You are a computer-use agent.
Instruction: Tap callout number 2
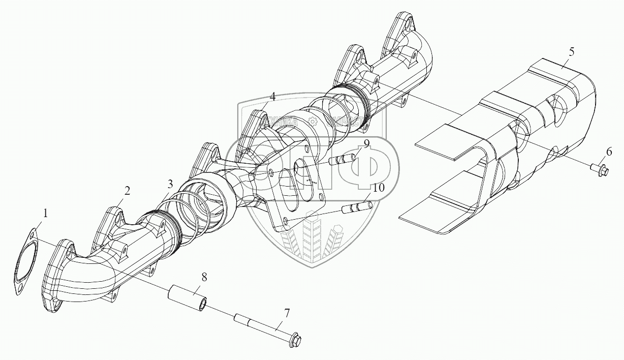127,191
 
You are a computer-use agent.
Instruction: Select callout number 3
171,184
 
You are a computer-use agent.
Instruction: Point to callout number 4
272,96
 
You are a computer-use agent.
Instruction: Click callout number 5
572,51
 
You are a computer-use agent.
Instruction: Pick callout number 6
609,151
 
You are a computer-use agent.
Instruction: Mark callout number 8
204,277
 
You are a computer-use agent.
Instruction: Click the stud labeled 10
359,207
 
